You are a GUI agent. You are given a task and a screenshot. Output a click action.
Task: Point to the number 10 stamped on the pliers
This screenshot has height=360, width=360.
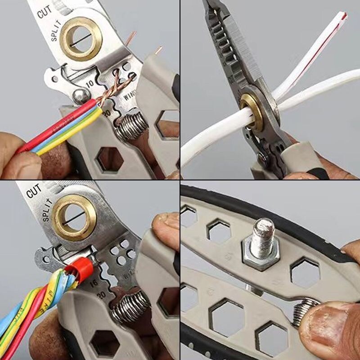coord(90,84)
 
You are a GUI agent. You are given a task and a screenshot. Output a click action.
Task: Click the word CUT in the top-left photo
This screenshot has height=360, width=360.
coord(45,12)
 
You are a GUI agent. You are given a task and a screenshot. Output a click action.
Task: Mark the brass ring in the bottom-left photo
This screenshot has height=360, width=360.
coord(74,218)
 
